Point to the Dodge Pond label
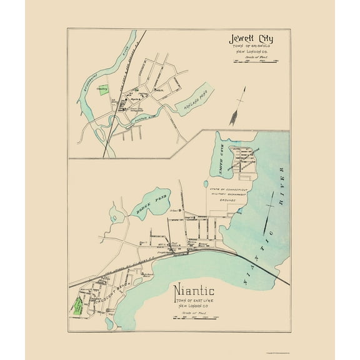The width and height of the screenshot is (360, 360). [x=146, y=212]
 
